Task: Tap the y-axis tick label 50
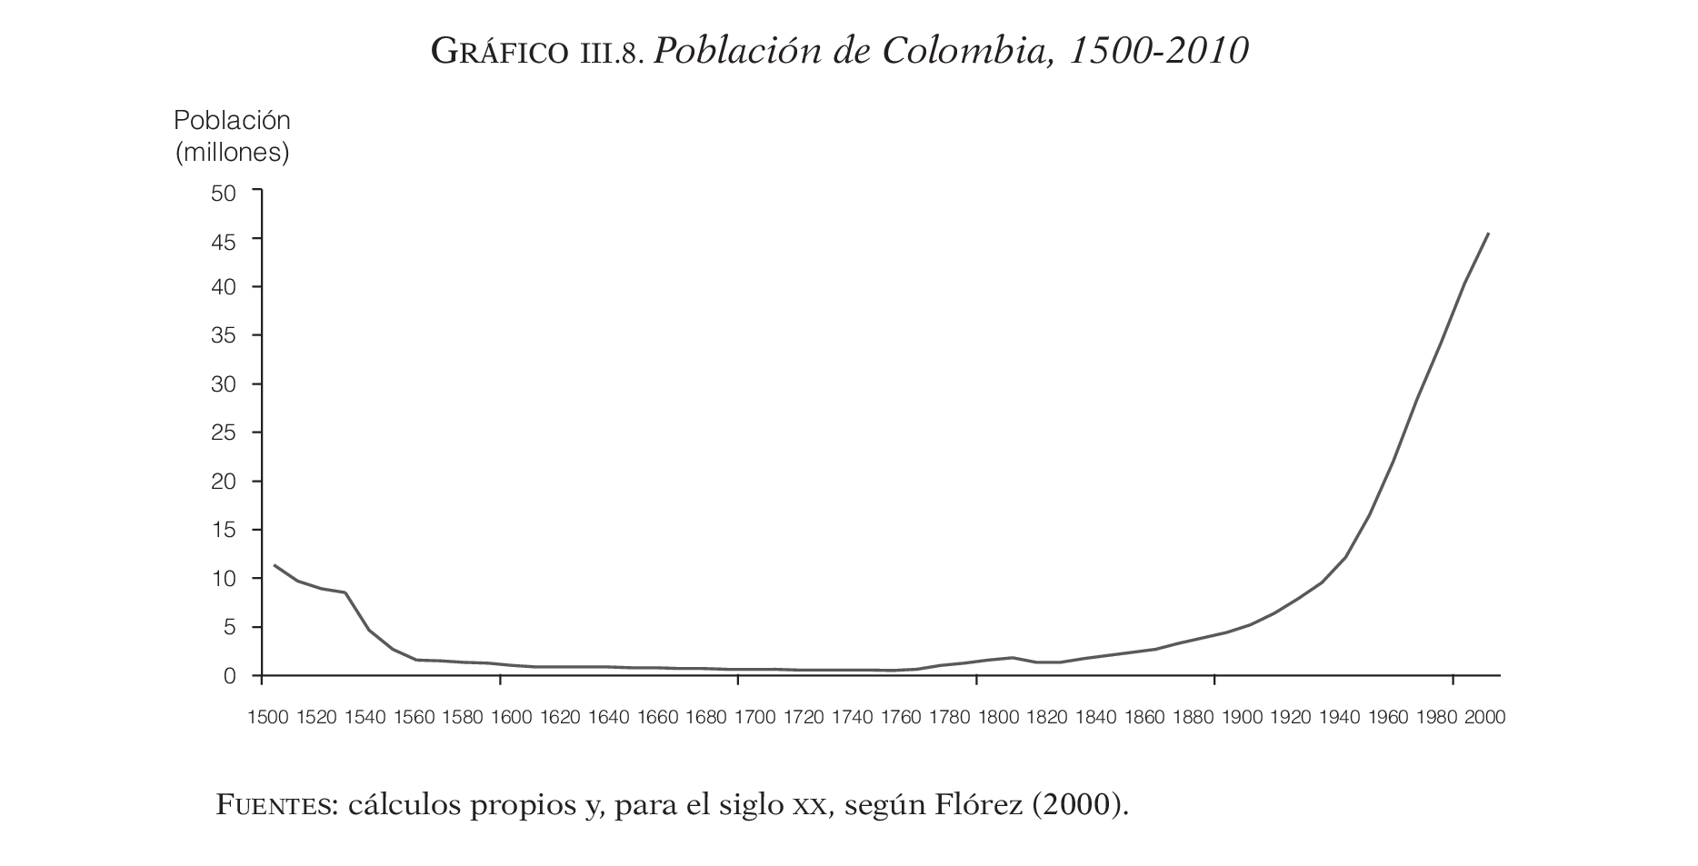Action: point(224,193)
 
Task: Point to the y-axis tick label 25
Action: point(224,433)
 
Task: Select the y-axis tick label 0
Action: point(230,676)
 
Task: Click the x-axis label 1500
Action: point(267,718)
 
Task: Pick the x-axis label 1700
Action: point(754,718)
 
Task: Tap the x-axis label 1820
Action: point(1047,718)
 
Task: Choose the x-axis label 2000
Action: point(1484,718)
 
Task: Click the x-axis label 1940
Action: point(1339,718)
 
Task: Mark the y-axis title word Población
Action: point(232,120)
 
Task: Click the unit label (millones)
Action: point(232,152)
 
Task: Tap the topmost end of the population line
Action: point(1488,234)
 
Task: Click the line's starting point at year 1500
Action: point(275,565)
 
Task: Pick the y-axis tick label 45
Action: point(224,242)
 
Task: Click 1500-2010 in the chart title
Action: point(1159,52)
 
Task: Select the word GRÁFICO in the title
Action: point(498,53)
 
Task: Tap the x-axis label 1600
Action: point(511,718)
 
